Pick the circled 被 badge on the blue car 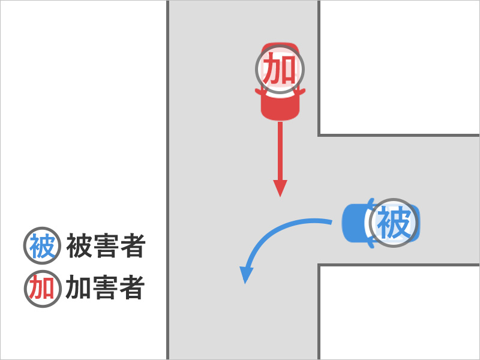(393, 224)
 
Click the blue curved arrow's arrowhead (245, 275)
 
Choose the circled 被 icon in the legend (43, 247)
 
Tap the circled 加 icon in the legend (43, 289)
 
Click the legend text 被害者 (106, 247)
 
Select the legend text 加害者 (106, 289)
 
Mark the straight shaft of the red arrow (280, 150)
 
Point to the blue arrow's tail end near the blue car (329, 222)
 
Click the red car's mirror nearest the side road (302, 92)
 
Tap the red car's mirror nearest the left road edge (259, 92)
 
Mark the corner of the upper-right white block (319, 135)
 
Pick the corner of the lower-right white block (319, 265)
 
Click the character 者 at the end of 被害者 (133, 247)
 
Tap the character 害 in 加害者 (106, 289)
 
